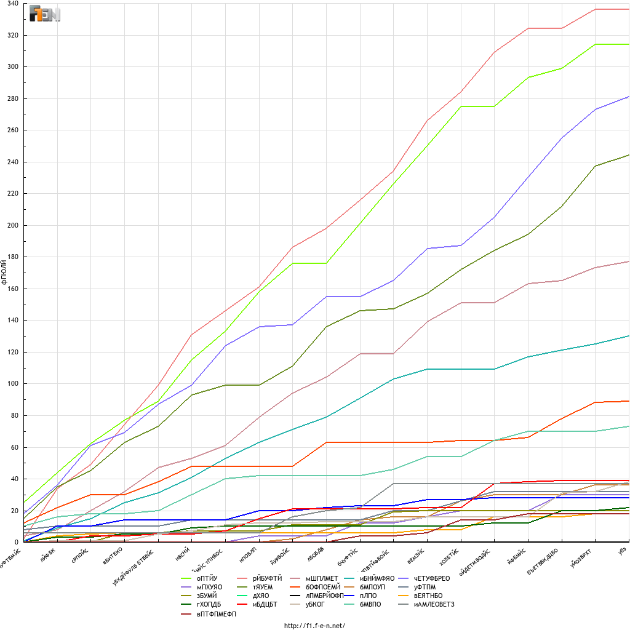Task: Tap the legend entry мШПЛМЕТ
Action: click(322, 578)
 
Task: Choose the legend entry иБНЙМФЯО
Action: click(378, 578)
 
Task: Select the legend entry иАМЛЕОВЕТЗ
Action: click(434, 604)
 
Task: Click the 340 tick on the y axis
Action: click(13, 4)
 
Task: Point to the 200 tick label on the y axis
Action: click(13, 225)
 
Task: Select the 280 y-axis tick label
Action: click(13, 98)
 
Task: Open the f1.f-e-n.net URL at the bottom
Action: click(314, 626)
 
